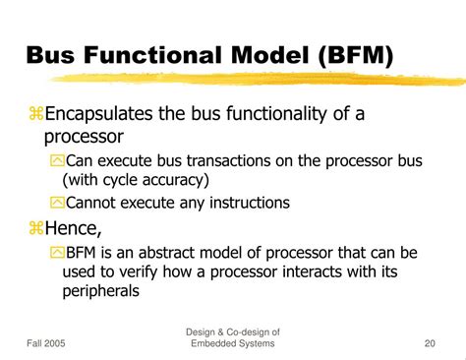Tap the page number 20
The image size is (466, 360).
430,342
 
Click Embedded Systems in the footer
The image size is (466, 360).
231,342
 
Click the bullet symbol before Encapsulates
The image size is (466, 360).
36,115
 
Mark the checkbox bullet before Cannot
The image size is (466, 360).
57,203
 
